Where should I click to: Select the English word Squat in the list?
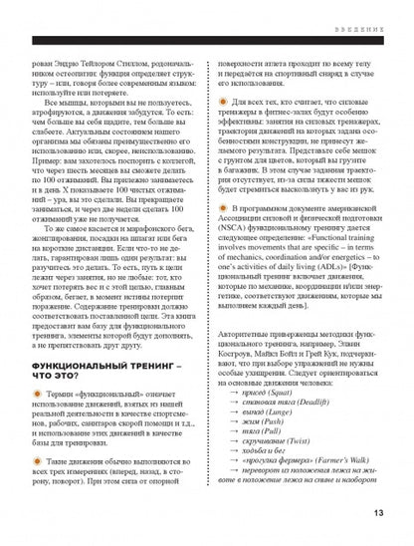284,392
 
